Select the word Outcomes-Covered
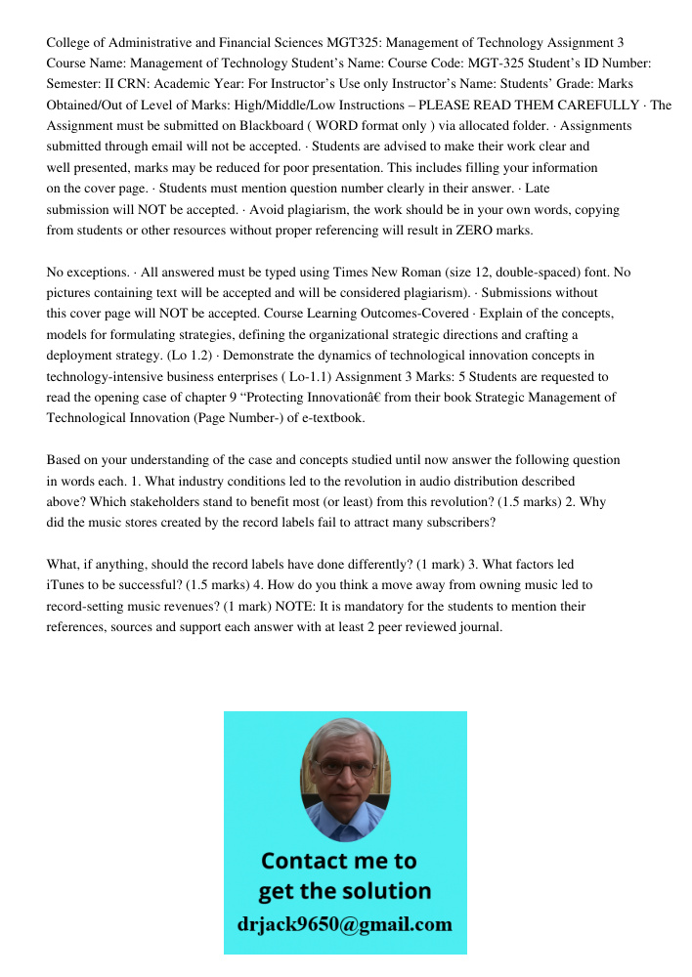(x=470, y=314)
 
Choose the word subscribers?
(x=457, y=522)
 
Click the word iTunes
(x=66, y=584)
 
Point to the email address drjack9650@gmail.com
(x=345, y=924)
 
